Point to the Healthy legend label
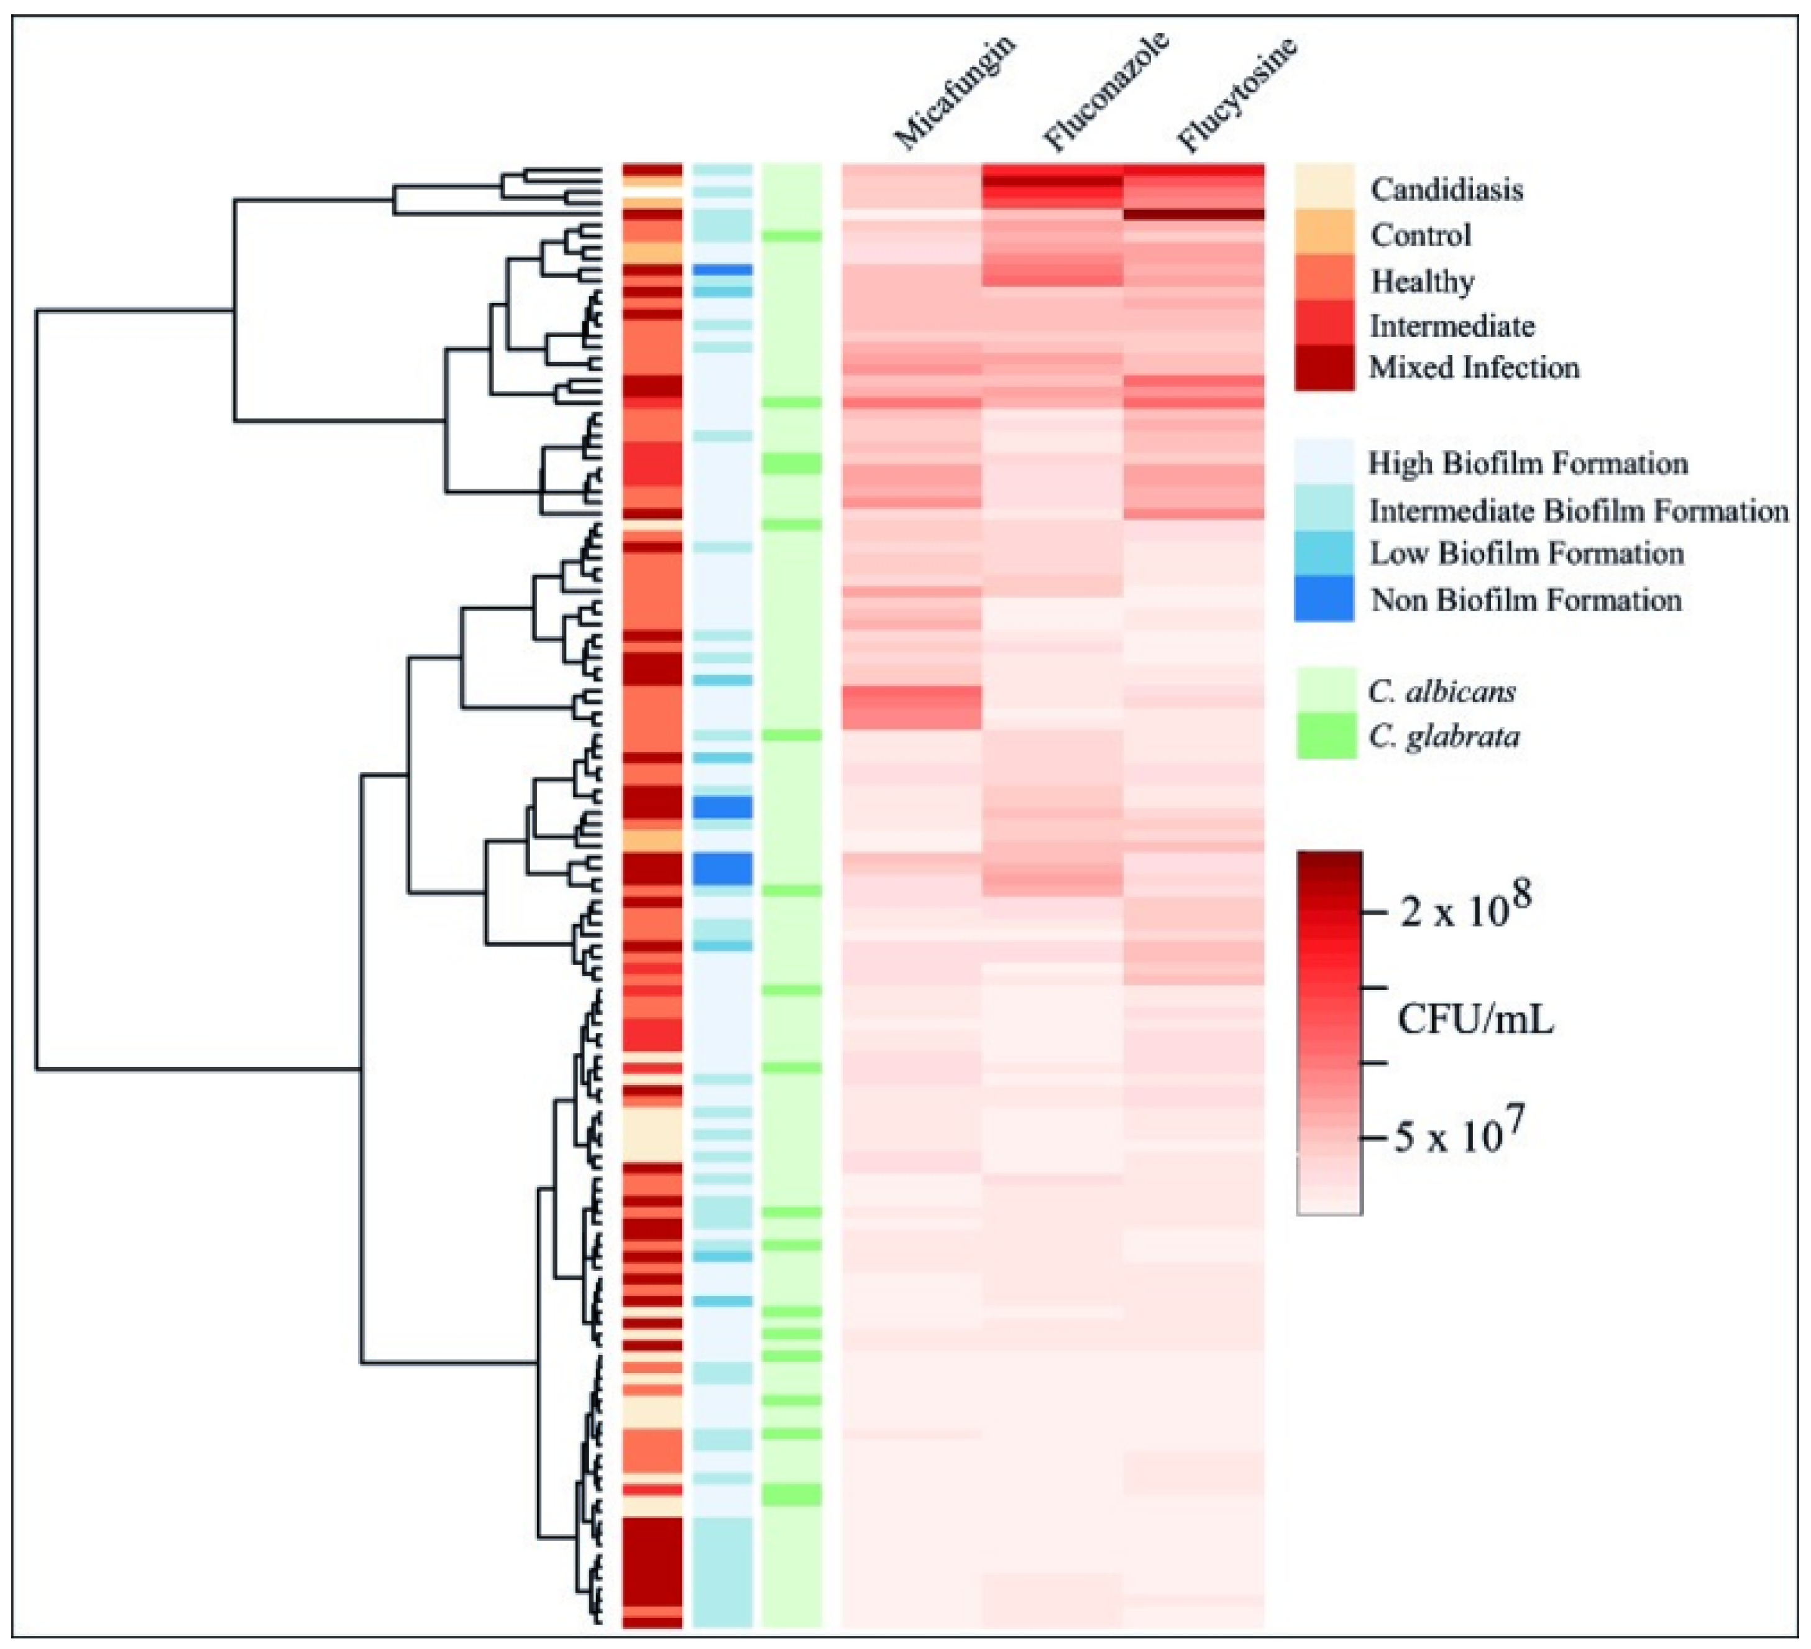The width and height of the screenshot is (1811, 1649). (1422, 281)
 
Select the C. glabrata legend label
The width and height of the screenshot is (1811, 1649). (1444, 737)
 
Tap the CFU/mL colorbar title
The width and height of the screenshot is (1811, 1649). (1475, 1020)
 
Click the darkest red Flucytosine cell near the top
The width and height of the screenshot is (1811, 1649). (1194, 214)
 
